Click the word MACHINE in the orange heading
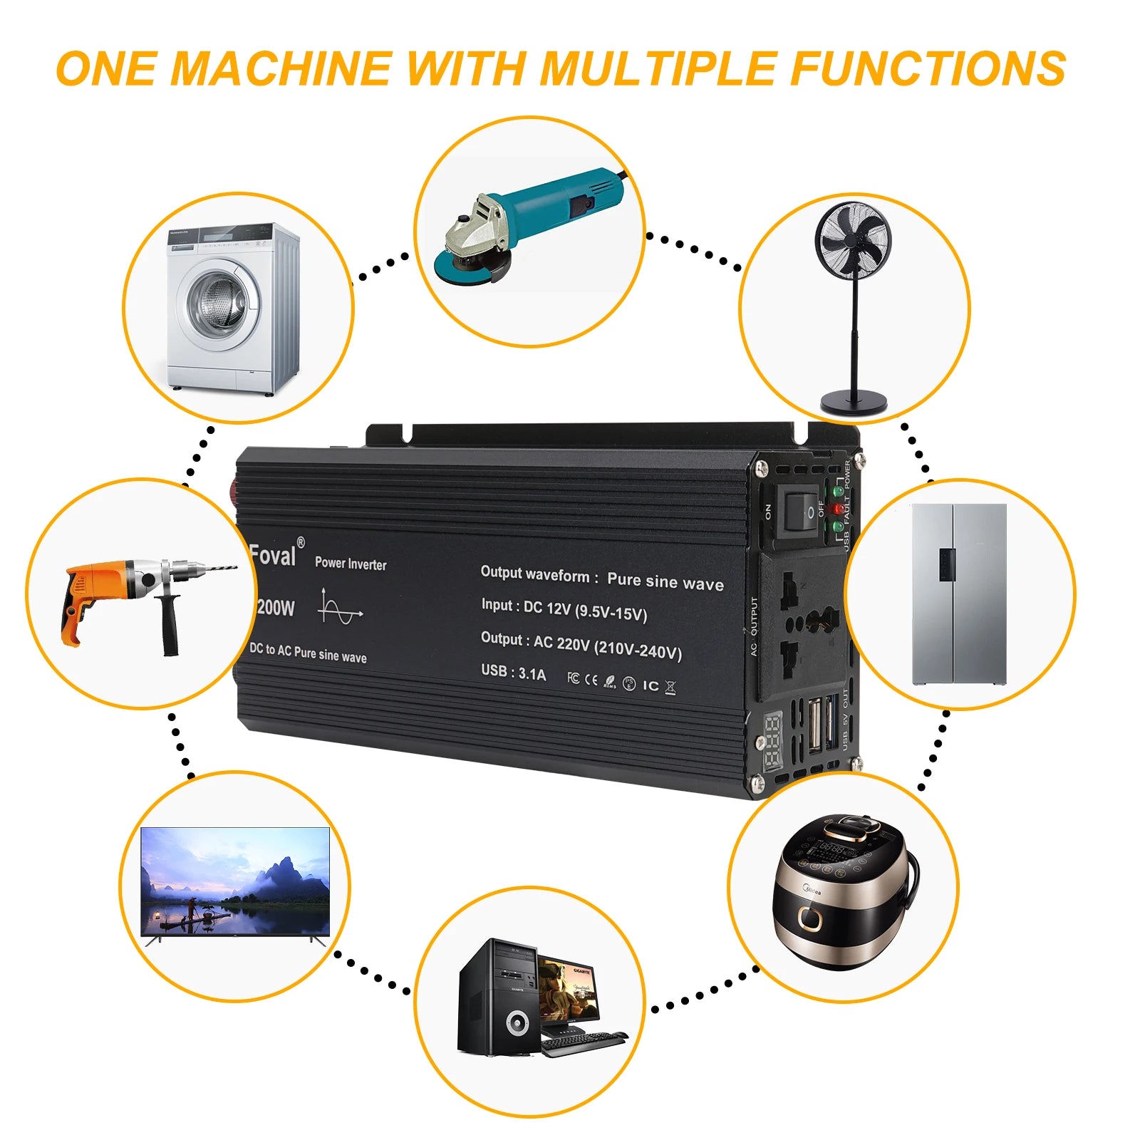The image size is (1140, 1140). (x=281, y=69)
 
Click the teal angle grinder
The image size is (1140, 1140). (x=534, y=221)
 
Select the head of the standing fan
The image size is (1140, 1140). (x=853, y=239)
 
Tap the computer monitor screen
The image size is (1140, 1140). (x=568, y=990)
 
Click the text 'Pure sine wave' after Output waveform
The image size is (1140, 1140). (x=665, y=582)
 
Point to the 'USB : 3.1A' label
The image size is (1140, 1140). (x=513, y=672)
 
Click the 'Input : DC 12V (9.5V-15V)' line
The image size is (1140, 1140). (x=564, y=609)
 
